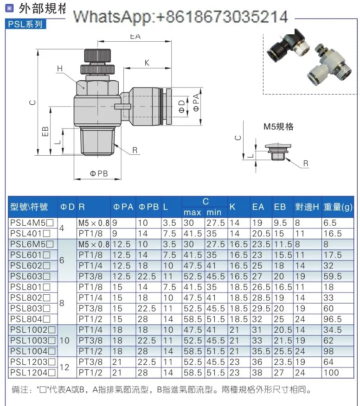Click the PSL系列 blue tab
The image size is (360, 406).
pyautogui.click(x=26, y=24)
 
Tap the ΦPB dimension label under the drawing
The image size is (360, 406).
pyautogui.click(x=99, y=173)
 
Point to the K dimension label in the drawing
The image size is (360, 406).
pyautogui.click(x=147, y=63)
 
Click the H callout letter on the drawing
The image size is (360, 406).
pyautogui.click(x=60, y=68)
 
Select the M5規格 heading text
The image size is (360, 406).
pyautogui.click(x=278, y=127)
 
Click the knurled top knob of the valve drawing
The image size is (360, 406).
pyautogui.click(x=97, y=55)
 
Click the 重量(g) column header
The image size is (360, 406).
pyautogui.click(x=338, y=207)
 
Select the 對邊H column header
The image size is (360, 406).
pyautogui.click(x=307, y=207)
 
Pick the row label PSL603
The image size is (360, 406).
pyautogui.click(x=30, y=276)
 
